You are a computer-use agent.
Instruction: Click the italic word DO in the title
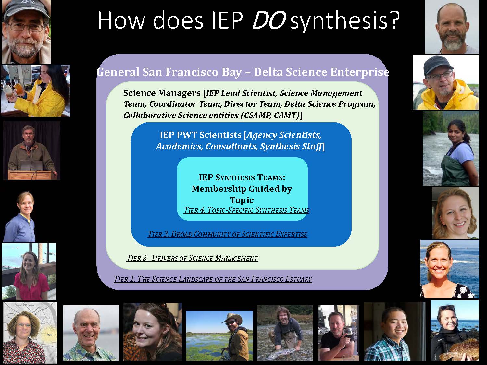[269, 20]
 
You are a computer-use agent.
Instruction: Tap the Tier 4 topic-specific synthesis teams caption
[246, 210]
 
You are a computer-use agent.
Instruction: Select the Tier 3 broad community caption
[227, 234]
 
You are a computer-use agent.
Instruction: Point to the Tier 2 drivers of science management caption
[192, 258]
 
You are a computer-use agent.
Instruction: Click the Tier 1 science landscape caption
[213, 279]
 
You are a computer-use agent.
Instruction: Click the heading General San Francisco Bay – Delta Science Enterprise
[243, 72]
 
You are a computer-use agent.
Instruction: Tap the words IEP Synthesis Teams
[242, 177]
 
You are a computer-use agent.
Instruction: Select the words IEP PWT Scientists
[201, 135]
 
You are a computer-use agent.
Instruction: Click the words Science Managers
[162, 93]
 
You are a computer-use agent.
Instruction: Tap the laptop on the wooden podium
[31, 165]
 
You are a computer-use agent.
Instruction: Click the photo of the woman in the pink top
[29, 272]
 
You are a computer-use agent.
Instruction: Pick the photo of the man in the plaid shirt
[395, 332]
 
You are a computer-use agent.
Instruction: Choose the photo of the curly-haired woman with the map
[30, 333]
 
